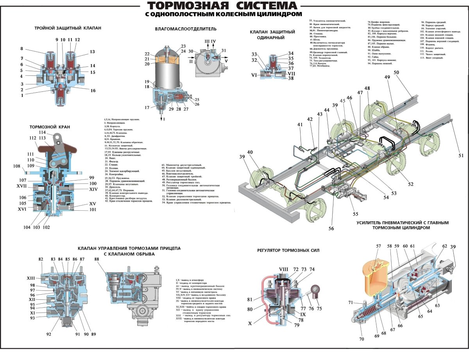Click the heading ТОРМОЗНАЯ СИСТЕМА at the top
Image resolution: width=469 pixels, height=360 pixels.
coord(222,6)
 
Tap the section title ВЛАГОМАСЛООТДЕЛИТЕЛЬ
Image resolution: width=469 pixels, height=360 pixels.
coord(186,29)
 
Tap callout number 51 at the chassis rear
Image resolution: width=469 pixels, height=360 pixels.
coord(461,156)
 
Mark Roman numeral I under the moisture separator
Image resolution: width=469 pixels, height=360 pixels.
coord(165,119)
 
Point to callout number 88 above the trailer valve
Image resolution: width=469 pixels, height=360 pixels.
coord(97,259)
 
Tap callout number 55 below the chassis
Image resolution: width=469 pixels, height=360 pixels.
coord(355,214)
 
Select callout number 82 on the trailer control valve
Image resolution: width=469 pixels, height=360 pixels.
coord(41,259)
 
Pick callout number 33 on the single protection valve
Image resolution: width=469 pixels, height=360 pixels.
coord(254,54)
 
